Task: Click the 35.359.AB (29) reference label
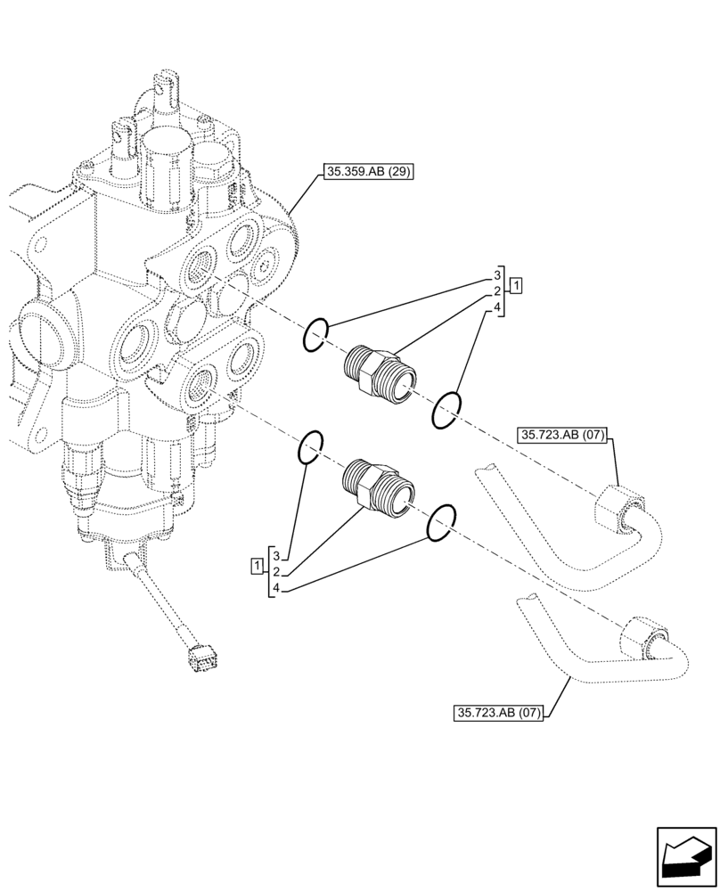(x=366, y=173)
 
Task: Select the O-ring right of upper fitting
(x=446, y=410)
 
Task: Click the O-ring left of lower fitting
(x=310, y=447)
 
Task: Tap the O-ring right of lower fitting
(x=441, y=523)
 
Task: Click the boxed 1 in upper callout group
(x=517, y=286)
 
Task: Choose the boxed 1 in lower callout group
(x=258, y=565)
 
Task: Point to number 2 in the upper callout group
(x=497, y=291)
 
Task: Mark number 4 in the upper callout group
(x=497, y=308)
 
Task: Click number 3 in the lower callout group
(x=277, y=555)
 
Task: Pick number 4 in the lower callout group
(x=277, y=587)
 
